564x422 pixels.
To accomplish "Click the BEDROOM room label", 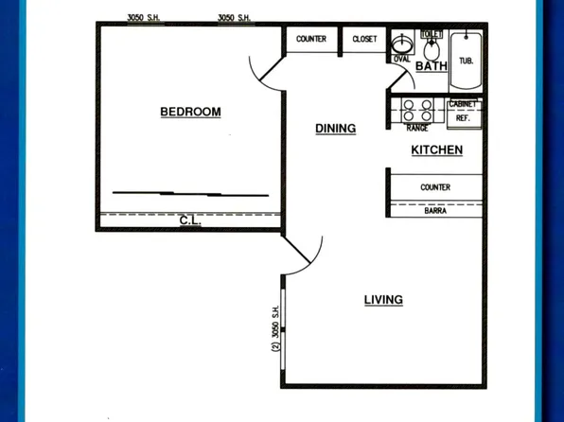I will click(190, 112).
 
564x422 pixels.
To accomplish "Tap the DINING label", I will click(335, 129).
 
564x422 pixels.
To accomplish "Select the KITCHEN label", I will click(436, 149).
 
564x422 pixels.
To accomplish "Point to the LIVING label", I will click(383, 300).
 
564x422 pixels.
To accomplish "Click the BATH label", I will click(432, 66).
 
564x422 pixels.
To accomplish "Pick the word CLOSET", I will click(364, 39).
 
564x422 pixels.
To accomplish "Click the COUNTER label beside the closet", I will click(311, 39).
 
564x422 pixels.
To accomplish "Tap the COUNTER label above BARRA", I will click(434, 187).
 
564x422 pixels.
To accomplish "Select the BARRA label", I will click(434, 211).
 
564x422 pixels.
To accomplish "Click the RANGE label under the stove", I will click(416, 128).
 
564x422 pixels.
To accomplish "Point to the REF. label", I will click(463, 118).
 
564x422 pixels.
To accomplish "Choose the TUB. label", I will click(466, 61).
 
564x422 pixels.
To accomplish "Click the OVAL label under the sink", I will click(401, 59).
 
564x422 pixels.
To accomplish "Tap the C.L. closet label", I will click(189, 221).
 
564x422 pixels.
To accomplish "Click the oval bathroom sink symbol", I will click(401, 44).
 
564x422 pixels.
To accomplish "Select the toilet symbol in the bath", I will click(432, 45).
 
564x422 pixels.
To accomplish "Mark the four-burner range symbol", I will click(417, 110).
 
